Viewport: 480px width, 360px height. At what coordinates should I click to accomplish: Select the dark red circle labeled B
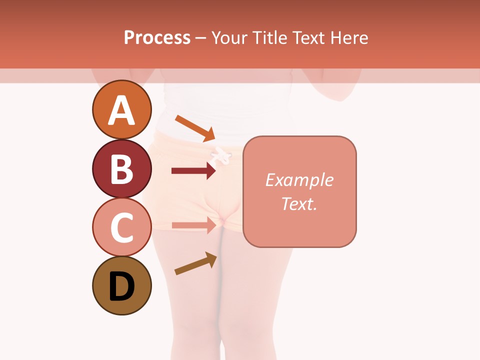[122, 169]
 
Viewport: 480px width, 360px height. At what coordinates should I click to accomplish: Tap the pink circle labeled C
[122, 227]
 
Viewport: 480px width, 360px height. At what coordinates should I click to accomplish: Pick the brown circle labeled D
[122, 286]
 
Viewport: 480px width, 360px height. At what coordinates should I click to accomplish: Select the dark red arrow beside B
[193, 171]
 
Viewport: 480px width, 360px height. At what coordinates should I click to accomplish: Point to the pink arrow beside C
[193, 225]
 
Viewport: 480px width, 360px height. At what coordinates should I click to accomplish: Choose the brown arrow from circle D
[195, 263]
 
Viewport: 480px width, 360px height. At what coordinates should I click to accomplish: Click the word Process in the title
[157, 37]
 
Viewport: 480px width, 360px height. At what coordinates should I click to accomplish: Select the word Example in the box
[299, 180]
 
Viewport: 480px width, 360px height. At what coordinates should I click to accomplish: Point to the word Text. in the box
[299, 203]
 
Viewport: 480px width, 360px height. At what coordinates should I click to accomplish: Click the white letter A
[122, 110]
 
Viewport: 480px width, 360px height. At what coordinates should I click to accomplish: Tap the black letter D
[122, 287]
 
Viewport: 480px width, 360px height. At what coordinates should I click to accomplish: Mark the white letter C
[122, 228]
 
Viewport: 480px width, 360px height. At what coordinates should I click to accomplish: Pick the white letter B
[122, 169]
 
